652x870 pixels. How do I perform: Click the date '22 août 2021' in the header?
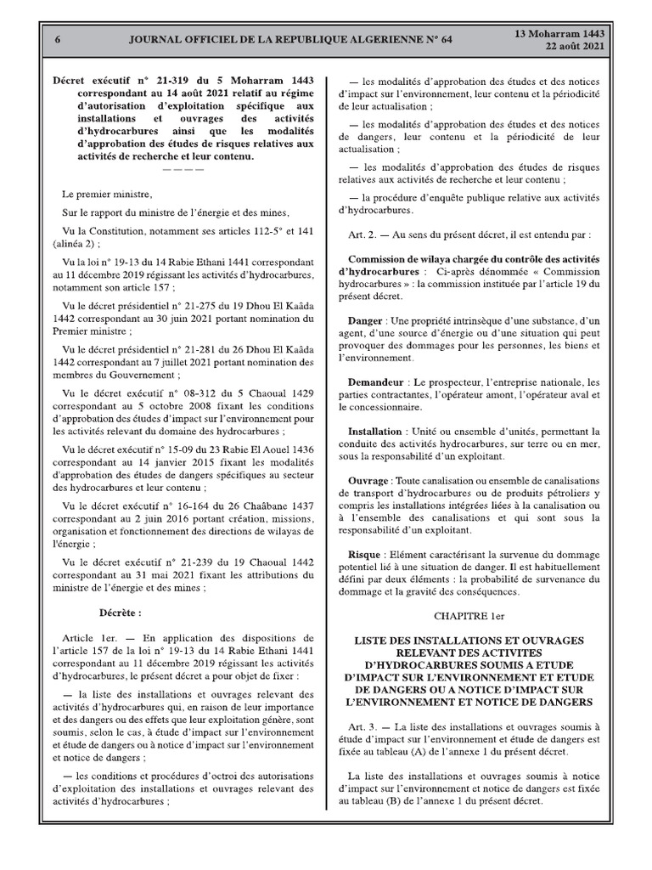pyautogui.click(x=574, y=47)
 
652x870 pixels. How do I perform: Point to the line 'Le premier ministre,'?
pyautogui.click(x=107, y=195)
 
